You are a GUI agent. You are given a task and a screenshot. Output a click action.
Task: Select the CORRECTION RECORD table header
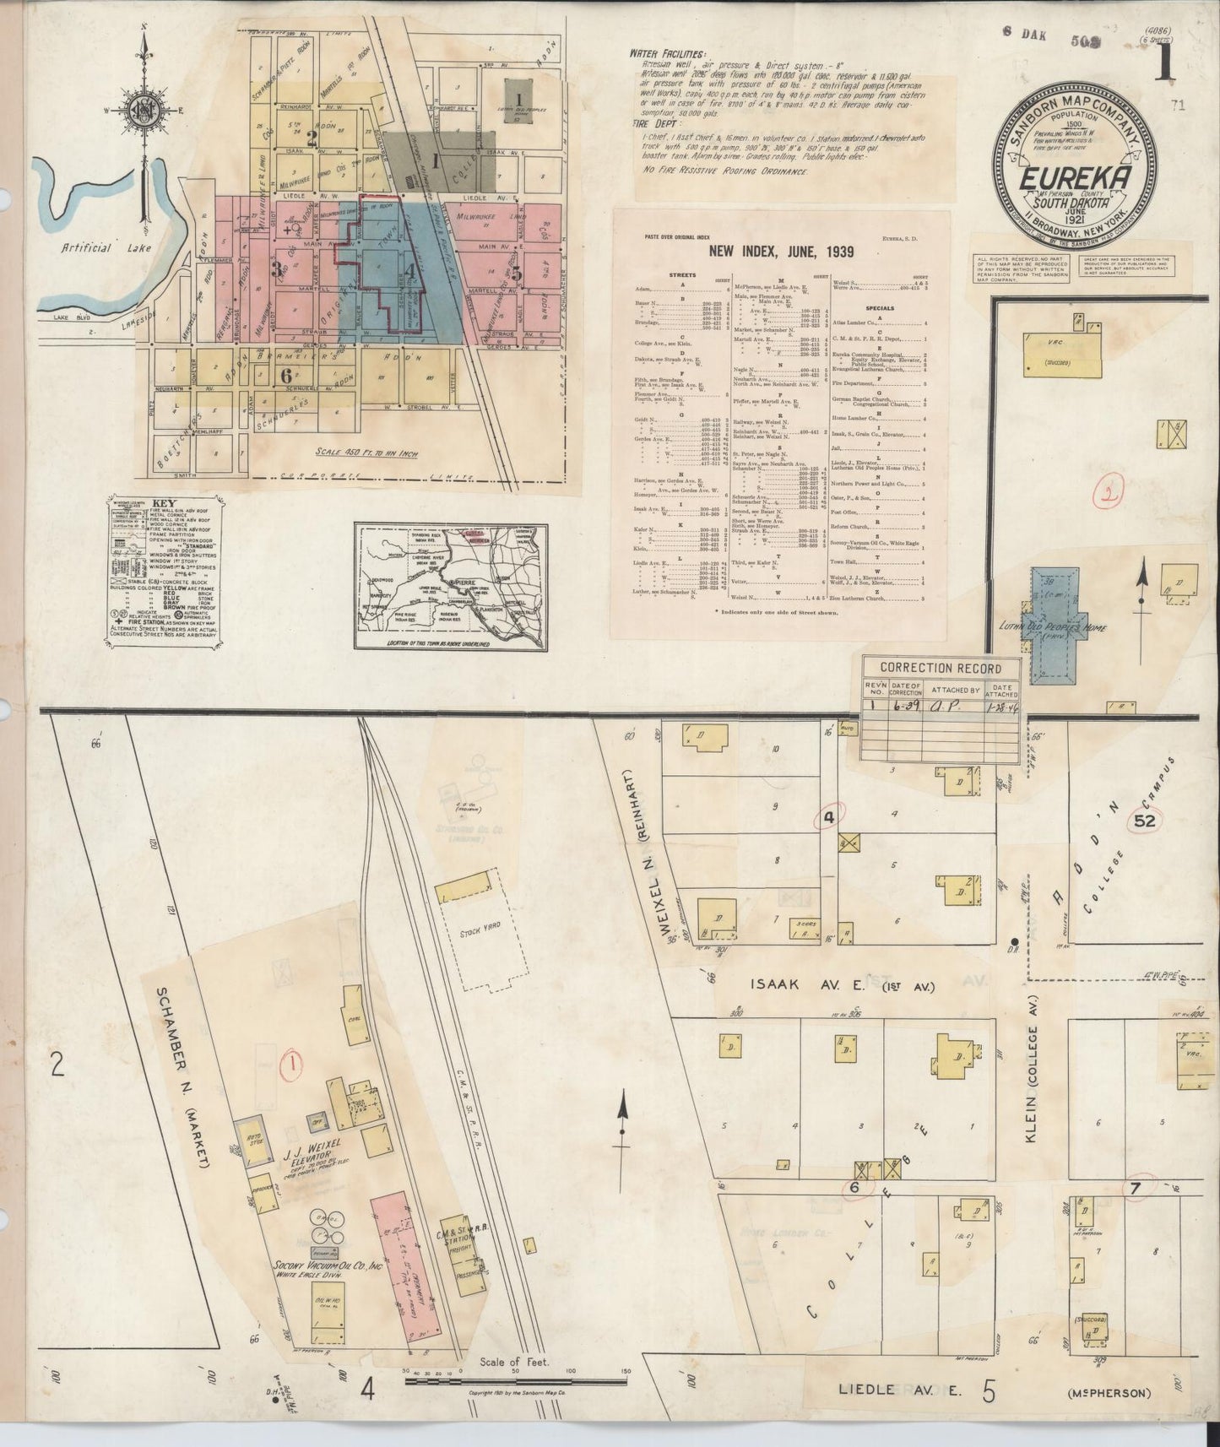tap(940, 668)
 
